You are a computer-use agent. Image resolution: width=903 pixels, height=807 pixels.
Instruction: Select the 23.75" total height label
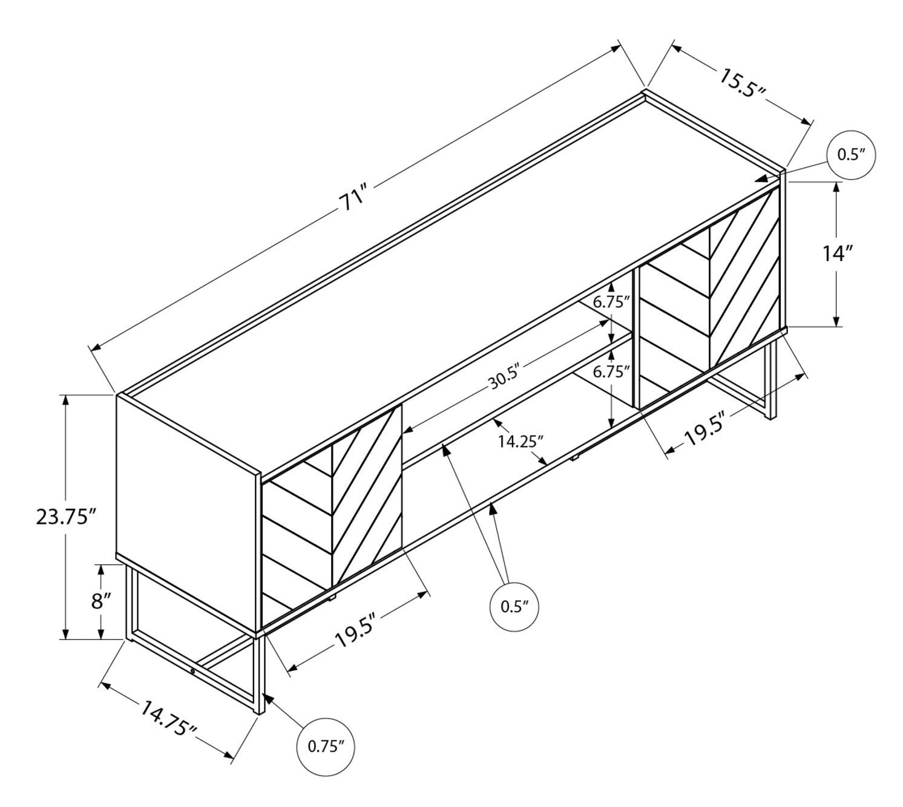click(x=66, y=517)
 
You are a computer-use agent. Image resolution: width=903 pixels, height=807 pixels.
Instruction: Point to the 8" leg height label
click(x=101, y=601)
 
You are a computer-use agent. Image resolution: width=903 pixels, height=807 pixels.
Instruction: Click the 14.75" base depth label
click(x=168, y=724)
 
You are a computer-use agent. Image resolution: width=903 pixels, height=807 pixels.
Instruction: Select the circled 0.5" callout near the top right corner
click(x=852, y=155)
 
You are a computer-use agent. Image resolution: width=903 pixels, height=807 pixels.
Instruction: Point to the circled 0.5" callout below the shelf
click(x=514, y=606)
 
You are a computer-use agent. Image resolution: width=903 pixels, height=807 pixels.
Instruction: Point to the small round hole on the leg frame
click(x=192, y=671)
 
